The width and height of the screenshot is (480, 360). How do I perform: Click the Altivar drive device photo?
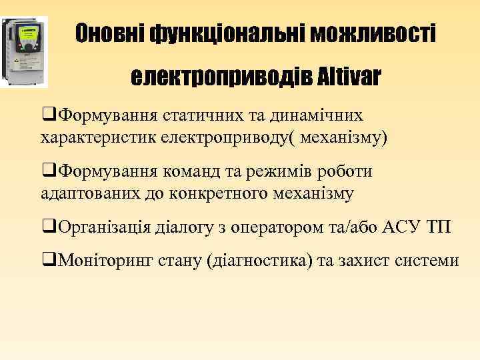(x=25, y=51)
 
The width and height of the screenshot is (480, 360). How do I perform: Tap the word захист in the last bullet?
(x=369, y=260)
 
